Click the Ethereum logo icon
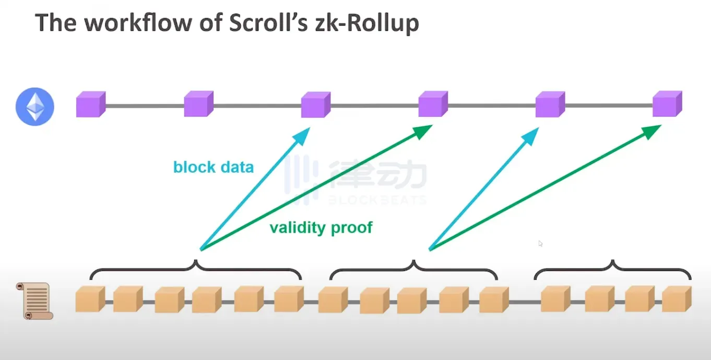[34, 106]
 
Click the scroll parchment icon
[34, 301]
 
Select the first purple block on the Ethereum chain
[90, 104]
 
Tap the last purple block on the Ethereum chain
[667, 104]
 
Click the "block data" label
[214, 167]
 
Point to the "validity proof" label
[321, 227]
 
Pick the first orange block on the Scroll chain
[90, 300]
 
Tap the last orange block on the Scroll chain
[677, 299]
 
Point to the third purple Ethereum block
[315, 104]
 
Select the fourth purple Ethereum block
[433, 104]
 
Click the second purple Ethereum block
[198, 104]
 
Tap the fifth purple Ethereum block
[550, 104]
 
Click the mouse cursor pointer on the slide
[540, 243]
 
